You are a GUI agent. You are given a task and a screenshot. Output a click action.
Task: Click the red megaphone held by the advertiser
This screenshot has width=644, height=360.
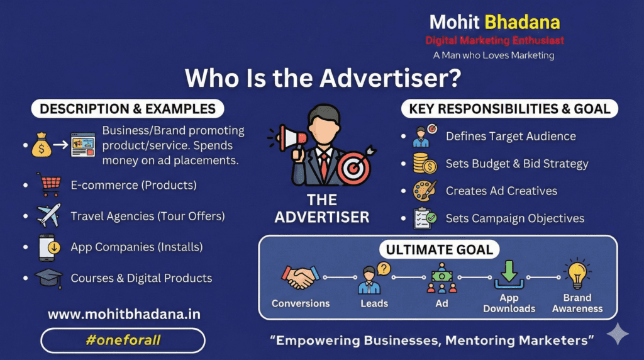pos(291,137)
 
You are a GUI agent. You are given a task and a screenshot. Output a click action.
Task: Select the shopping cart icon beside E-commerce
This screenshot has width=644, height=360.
pos(50,185)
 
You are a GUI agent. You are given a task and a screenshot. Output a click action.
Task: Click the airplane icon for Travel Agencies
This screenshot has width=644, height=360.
pos(50,215)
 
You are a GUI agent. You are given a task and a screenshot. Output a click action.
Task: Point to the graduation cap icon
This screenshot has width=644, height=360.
pos(50,278)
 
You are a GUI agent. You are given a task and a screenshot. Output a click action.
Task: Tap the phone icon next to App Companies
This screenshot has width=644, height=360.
pos(50,247)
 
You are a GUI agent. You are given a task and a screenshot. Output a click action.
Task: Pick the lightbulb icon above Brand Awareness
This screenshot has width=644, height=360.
pos(577,275)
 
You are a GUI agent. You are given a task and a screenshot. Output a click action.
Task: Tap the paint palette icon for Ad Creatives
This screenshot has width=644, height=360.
pos(425,191)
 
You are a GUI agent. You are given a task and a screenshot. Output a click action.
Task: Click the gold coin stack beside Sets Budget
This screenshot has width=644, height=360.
pos(425,164)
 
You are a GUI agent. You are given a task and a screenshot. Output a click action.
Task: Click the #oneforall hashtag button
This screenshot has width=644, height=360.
pos(123,340)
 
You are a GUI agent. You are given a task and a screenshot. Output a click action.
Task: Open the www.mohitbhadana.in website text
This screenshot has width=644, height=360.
pos(124,313)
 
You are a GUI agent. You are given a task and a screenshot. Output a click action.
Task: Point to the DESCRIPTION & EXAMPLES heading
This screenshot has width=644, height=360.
pos(128,109)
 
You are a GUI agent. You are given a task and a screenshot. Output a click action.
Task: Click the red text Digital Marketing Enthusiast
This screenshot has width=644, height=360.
pos(494,40)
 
